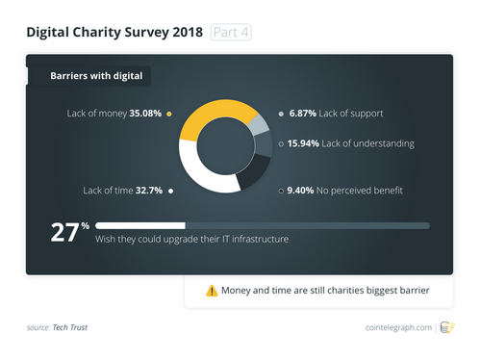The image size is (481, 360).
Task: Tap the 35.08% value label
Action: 142,114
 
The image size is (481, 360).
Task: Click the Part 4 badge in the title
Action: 231,33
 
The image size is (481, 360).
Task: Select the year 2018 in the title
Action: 183,33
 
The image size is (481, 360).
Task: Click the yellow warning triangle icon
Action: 211,291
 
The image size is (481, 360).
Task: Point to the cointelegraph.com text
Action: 398,328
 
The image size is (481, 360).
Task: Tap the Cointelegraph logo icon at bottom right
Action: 447,327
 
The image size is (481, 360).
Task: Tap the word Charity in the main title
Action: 106,33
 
